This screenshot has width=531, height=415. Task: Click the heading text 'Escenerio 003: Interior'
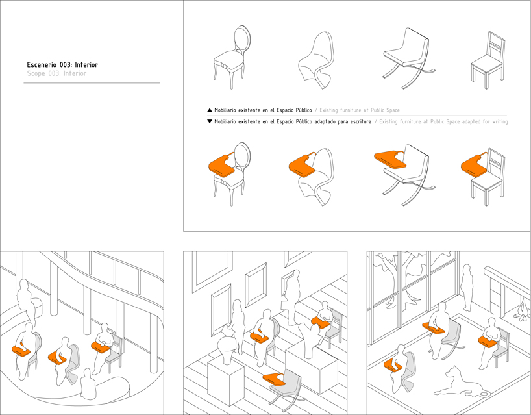(x=62, y=65)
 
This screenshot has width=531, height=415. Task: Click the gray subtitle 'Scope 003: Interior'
(x=56, y=74)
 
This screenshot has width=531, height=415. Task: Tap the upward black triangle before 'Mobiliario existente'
(x=209, y=110)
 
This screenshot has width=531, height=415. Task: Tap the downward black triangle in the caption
(x=209, y=121)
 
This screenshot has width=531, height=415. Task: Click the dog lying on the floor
(x=458, y=383)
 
